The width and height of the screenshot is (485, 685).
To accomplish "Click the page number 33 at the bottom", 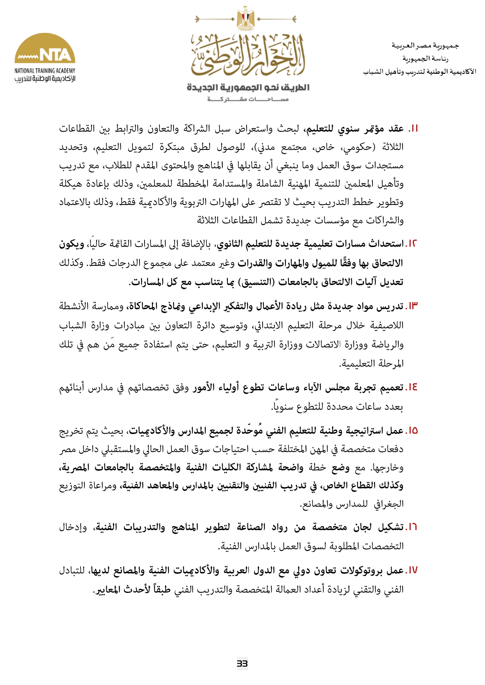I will point(242,663).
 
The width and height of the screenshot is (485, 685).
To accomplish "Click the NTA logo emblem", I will point(45,49).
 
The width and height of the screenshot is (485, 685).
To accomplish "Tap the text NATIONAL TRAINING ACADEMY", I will point(45,71).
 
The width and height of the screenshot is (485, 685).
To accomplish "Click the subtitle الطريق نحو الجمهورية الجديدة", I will point(248,87).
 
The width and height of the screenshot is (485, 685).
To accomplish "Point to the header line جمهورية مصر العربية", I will point(425,46).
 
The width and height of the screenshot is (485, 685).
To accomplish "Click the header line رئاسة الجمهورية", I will point(425,59).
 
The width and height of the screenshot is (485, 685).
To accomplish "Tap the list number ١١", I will point(413,129).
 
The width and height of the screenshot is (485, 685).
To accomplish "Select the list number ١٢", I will point(413,244).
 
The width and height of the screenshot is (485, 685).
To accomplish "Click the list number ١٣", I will point(413,306).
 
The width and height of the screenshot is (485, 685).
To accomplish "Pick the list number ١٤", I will point(413,388).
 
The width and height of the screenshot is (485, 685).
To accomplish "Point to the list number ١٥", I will point(413,431).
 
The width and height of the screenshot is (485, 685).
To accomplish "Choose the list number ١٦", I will point(413,528).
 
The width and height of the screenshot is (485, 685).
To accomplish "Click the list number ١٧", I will point(413,571).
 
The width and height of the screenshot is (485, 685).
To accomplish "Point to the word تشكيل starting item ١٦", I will point(390,528).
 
